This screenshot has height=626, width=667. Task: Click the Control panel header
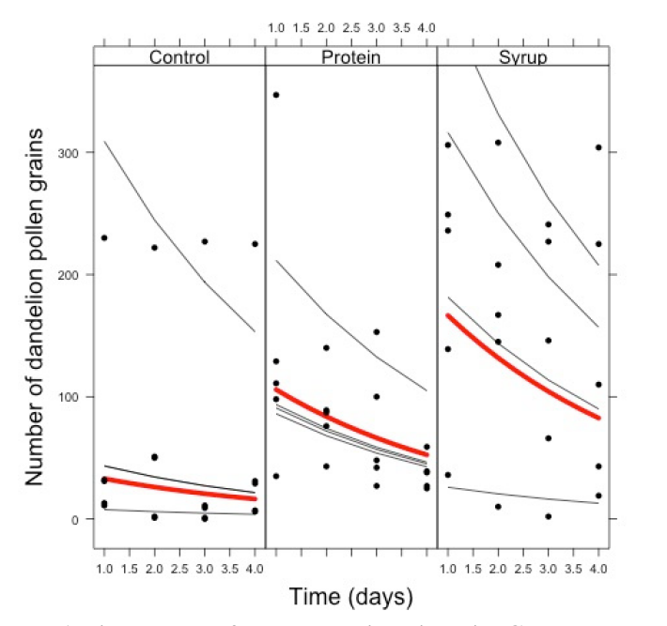[x=179, y=57]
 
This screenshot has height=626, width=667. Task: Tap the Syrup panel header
[x=523, y=57]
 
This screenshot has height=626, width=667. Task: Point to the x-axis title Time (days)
[x=350, y=597]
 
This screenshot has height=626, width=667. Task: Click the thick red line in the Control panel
[x=178, y=489]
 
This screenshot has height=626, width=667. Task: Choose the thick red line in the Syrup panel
[x=523, y=366]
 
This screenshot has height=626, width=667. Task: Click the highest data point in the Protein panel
[x=276, y=95]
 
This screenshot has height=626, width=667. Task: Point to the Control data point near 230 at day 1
[x=104, y=237]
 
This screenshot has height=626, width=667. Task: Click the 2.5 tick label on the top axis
[x=351, y=29]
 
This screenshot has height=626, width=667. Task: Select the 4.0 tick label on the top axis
[x=427, y=29]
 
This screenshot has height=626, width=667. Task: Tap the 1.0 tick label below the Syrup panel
[x=448, y=569]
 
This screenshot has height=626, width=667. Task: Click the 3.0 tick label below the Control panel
[x=204, y=569]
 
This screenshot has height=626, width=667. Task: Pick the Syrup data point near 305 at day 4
[x=598, y=147]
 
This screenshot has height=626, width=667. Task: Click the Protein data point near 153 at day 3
[x=376, y=331]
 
